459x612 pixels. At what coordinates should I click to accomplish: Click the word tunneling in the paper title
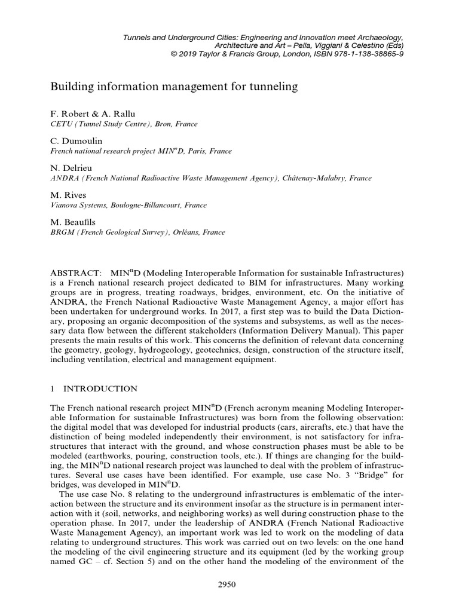click(271, 87)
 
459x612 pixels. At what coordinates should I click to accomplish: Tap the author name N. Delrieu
click(71, 169)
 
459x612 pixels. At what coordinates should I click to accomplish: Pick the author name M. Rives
click(68, 195)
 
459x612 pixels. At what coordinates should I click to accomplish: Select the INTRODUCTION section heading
click(100, 388)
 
